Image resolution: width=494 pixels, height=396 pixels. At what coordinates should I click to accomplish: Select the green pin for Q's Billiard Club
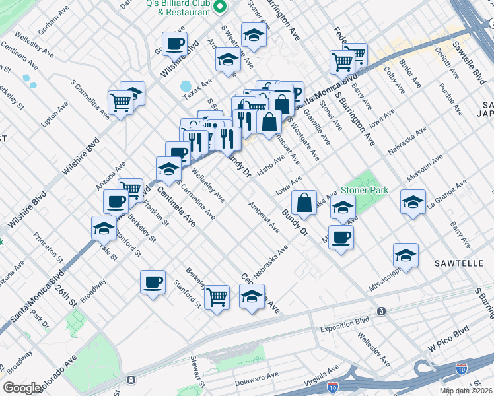tap(223, 7)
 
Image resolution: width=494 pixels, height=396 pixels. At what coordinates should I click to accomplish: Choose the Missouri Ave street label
tap(425, 170)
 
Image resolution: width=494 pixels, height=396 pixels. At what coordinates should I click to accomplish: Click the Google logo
tap(22, 387)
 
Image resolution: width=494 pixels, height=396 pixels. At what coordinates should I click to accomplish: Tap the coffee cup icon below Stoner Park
tap(341, 237)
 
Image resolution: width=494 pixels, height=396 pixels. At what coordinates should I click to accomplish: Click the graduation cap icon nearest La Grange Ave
tap(413, 201)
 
